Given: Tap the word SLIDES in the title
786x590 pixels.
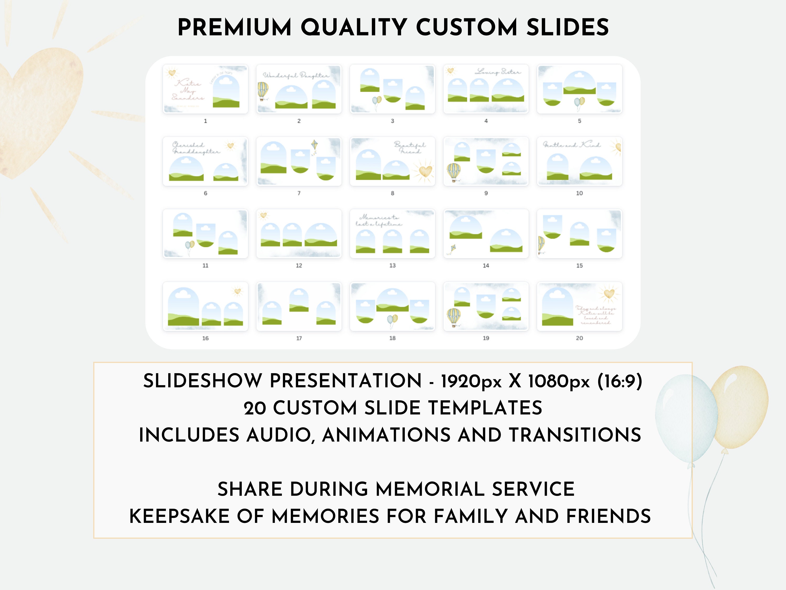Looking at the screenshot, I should click(x=567, y=28).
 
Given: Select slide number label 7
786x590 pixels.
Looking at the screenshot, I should click(x=299, y=193).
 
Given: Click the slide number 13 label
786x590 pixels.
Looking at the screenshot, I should click(x=392, y=266).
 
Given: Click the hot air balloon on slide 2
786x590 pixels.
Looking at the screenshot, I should click(x=263, y=91).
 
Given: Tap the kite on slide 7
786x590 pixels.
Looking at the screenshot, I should click(x=314, y=146).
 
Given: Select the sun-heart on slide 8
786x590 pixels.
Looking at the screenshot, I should click(x=425, y=172).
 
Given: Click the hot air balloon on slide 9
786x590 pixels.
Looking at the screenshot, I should click(x=454, y=172).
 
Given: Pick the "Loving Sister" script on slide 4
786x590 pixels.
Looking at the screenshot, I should click(x=498, y=72).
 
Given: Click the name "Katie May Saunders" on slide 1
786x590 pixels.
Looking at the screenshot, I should click(x=188, y=90).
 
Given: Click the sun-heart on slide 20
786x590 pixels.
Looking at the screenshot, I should click(x=609, y=294).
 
